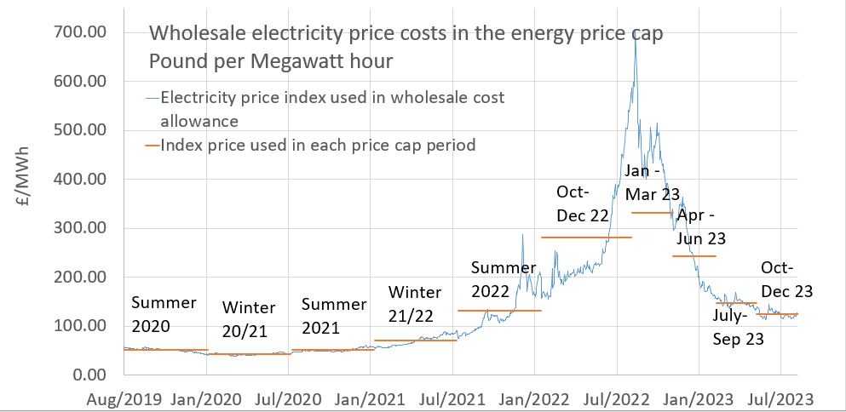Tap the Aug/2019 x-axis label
pos(124,398)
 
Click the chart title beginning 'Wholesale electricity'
pos(406,34)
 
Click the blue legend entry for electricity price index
pos(332,109)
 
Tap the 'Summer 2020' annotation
pos(164,314)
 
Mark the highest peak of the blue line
pos(635,41)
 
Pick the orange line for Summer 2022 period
pos(499,311)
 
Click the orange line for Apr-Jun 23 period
pos(694,255)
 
